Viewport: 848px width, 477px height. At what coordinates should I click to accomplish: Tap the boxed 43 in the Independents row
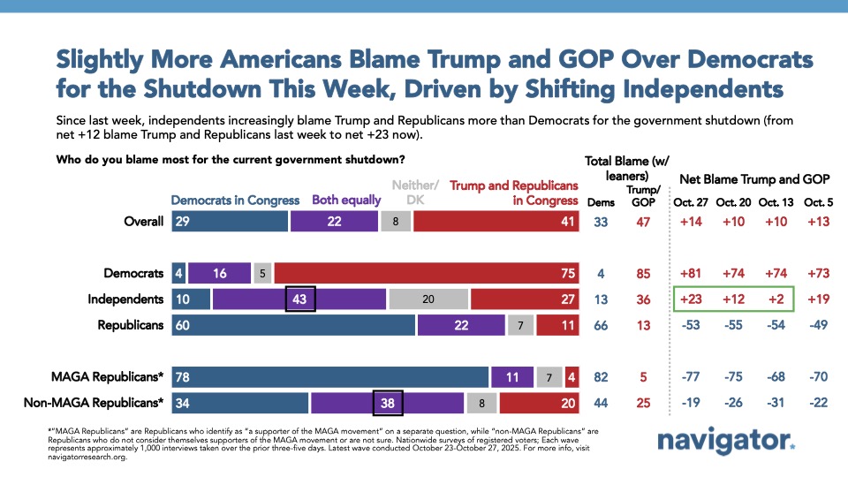pos(300,299)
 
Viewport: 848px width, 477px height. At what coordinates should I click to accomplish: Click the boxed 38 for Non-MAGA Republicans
pos(388,403)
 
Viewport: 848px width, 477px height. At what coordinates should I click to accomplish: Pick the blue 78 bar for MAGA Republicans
pos(329,377)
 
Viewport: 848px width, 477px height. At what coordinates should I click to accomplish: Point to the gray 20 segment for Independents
pos(428,299)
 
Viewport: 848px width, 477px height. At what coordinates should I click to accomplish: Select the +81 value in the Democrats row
pos(689,274)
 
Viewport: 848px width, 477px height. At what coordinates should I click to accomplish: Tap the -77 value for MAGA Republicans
pos(689,377)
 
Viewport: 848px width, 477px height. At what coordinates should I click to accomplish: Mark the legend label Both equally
pos(346,201)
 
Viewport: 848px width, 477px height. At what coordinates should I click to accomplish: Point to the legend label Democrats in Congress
pos(235,201)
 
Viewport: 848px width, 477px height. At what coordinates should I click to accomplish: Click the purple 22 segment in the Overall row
pos(335,222)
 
